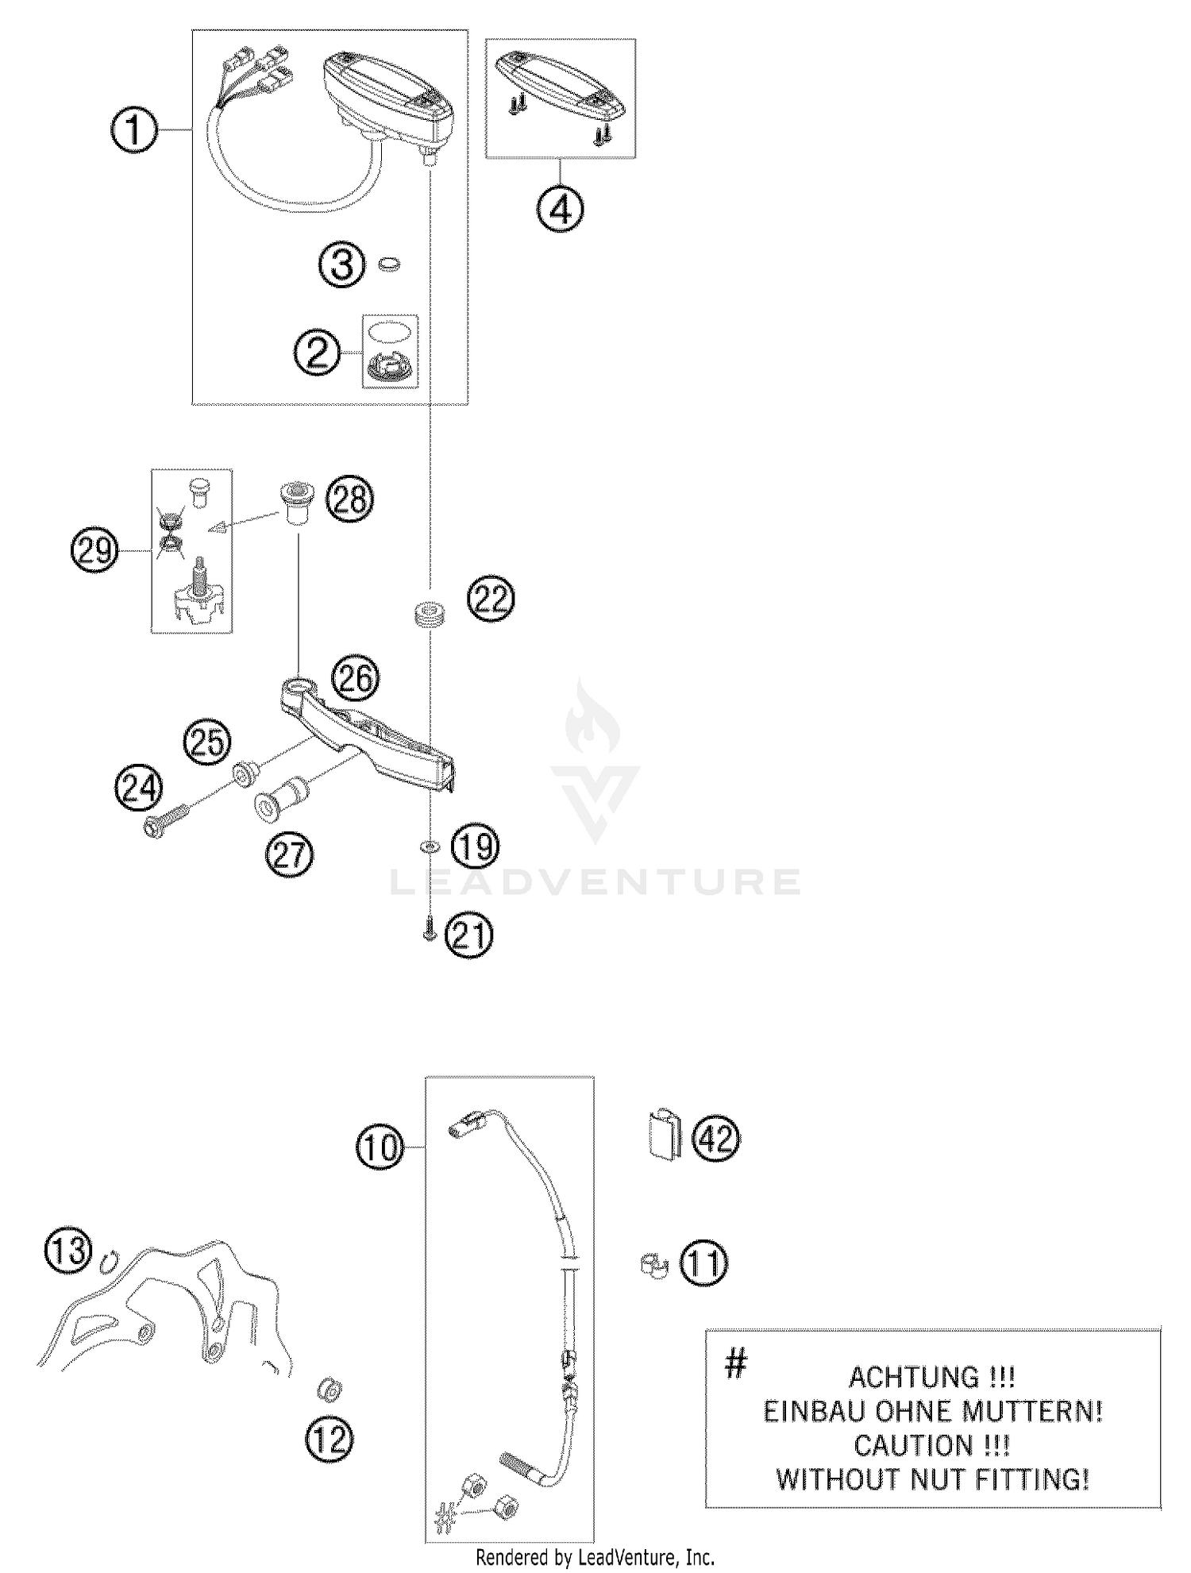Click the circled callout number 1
(133, 130)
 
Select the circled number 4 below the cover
(561, 210)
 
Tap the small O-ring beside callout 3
(389, 264)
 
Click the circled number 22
(491, 599)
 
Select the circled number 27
(290, 854)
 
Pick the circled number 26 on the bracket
(356, 678)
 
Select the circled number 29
(94, 550)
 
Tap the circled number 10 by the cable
(380, 1147)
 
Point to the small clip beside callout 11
(653, 1266)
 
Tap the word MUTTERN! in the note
(1031, 1411)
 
